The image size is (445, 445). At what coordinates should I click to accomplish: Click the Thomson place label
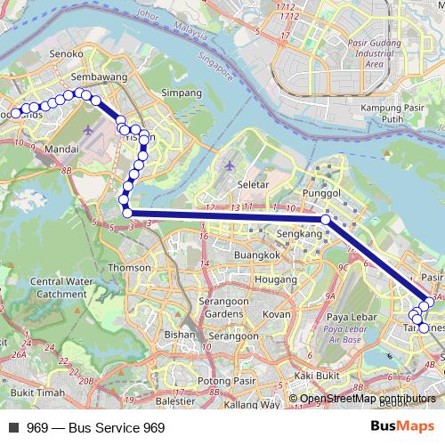pyautogui.click(x=124, y=267)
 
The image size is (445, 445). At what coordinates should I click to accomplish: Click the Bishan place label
pyautogui.click(x=180, y=336)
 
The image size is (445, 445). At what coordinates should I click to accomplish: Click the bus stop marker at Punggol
pyautogui.click(x=326, y=219)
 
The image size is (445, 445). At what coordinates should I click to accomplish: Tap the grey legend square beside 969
pyautogui.click(x=13, y=428)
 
